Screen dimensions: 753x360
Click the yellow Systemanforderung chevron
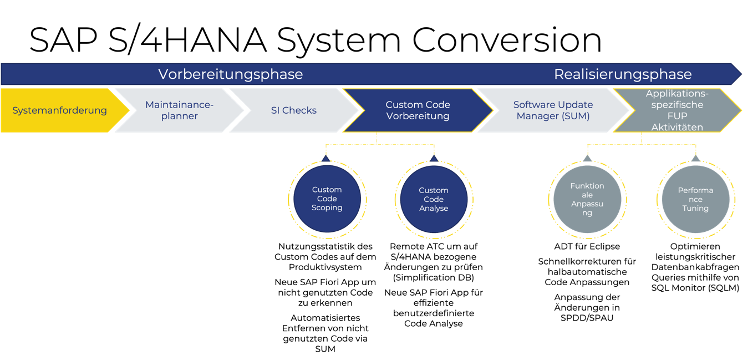tap(60, 110)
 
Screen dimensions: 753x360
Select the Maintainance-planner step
tap(180, 110)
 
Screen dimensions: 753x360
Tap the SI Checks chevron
tap(294, 110)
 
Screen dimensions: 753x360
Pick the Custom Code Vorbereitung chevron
tap(418, 110)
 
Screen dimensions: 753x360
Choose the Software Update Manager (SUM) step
tap(553, 110)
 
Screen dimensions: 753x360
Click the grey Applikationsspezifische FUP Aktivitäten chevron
tap(677, 110)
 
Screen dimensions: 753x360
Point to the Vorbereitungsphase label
tap(231, 74)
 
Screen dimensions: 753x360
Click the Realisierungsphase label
tap(623, 74)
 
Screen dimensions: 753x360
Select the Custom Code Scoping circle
tap(327, 199)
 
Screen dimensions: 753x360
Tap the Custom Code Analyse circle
tap(434, 199)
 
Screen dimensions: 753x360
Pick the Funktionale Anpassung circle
tap(587, 199)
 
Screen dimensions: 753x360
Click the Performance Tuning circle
tap(695, 199)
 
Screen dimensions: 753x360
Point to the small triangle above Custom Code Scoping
tap(325, 158)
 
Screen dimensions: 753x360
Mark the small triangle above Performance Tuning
tap(695, 158)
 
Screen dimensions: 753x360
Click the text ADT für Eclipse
tap(587, 246)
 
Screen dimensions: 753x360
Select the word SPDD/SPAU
tap(587, 318)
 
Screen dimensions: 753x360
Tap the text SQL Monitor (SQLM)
tap(695, 288)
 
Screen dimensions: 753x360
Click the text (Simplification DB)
tap(433, 278)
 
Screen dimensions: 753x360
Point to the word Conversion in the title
tap(507, 40)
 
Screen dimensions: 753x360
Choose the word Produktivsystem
tap(325, 267)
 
